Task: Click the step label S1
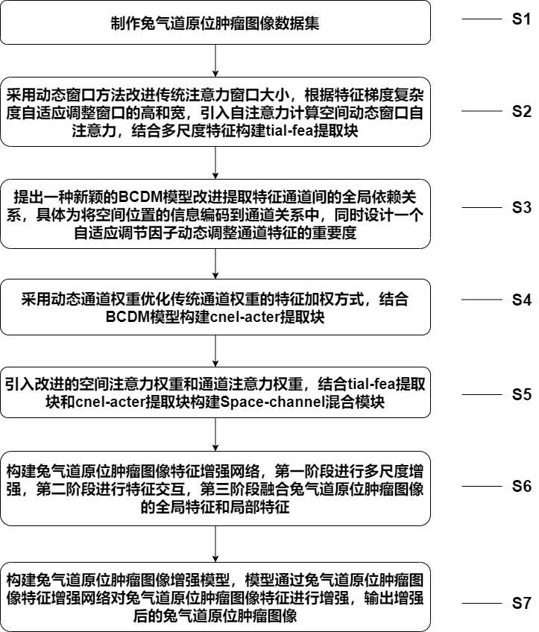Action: (520, 20)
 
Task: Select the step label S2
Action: (520, 112)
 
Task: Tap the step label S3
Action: (520, 208)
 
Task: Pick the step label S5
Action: (520, 394)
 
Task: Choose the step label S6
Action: (520, 487)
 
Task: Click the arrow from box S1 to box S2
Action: (215, 59)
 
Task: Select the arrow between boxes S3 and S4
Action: (215, 263)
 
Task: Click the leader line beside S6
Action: (481, 487)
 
